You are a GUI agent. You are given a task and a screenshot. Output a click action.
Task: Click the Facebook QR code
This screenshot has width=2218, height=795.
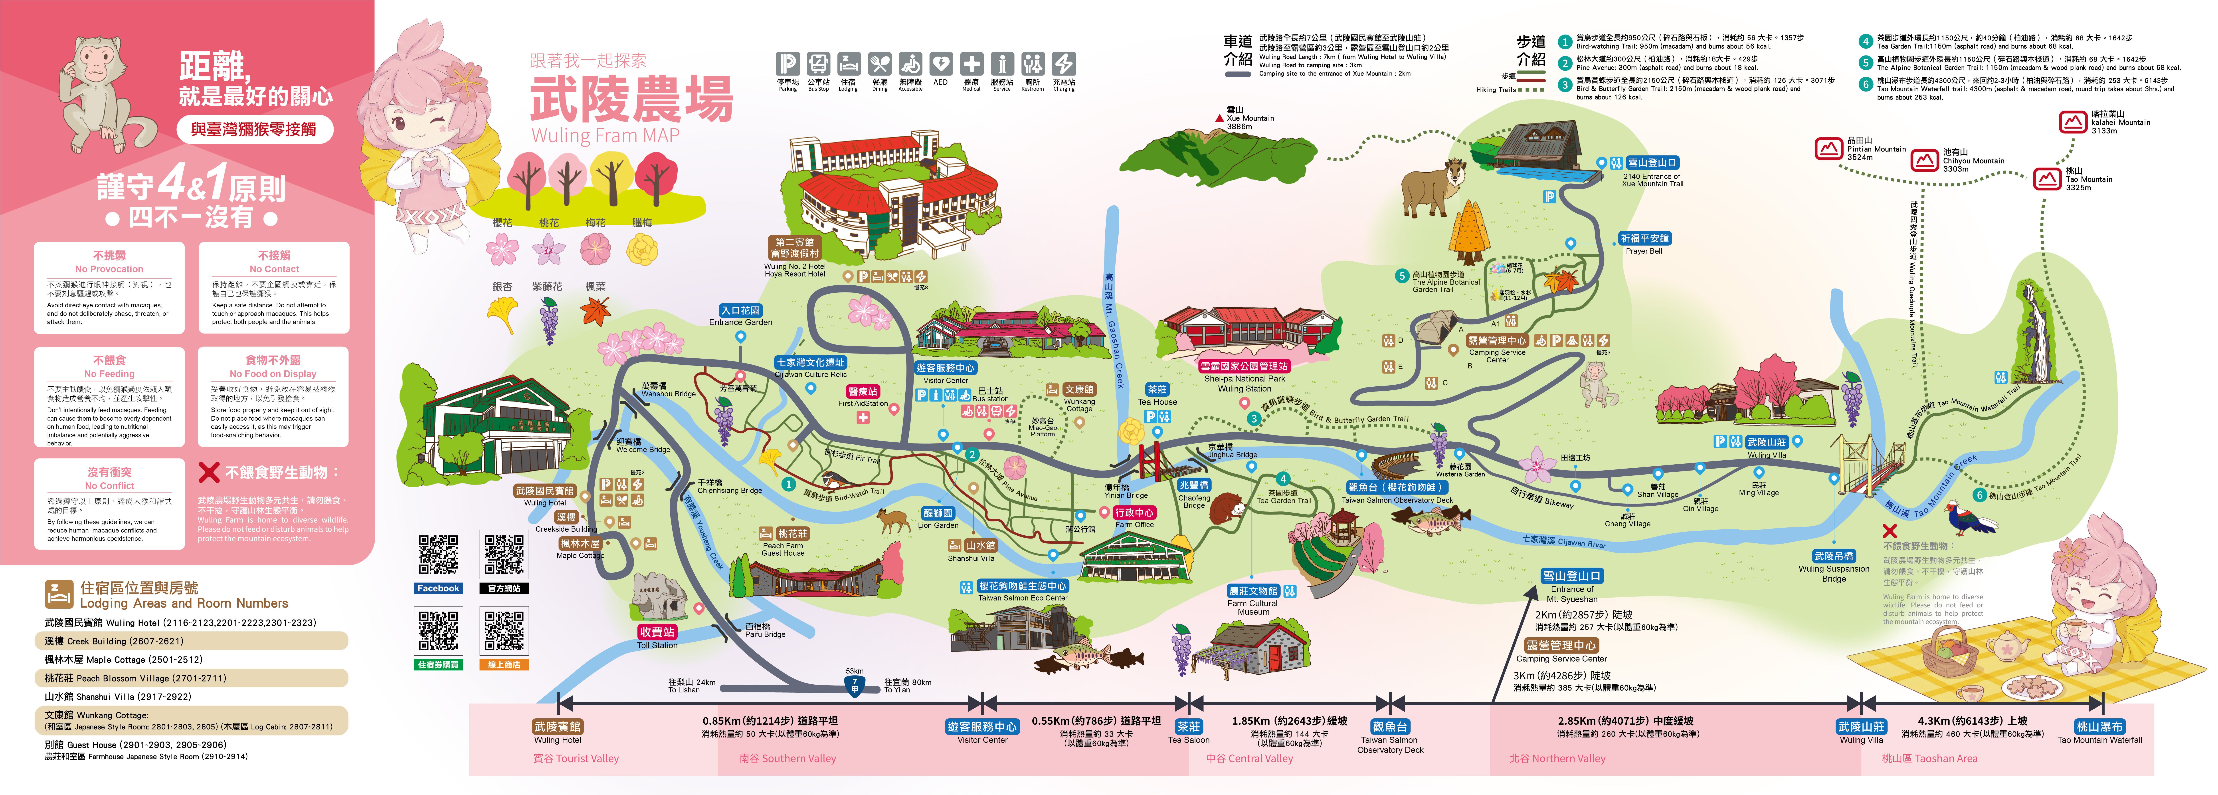pyautogui.click(x=438, y=555)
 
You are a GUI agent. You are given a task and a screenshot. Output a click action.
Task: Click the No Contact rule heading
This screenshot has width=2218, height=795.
pyautogui.click(x=274, y=262)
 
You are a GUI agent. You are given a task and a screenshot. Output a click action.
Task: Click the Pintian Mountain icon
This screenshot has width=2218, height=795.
pyautogui.click(x=1828, y=149)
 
